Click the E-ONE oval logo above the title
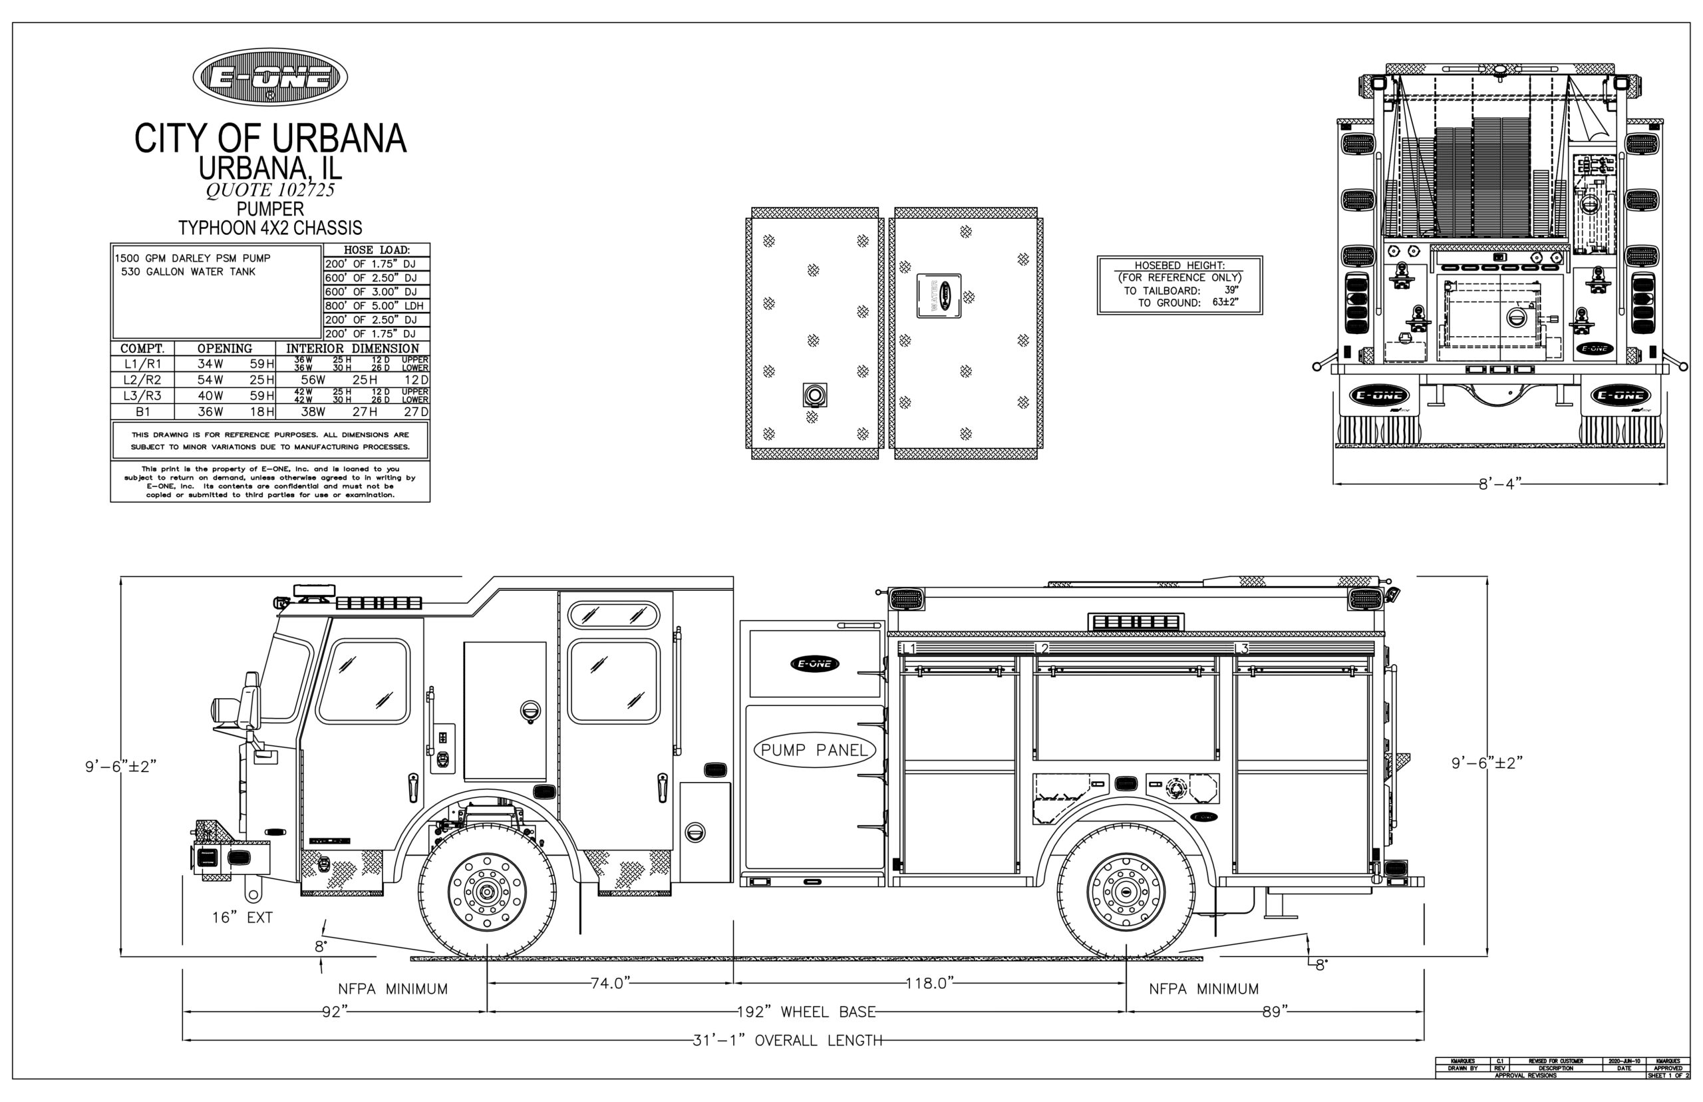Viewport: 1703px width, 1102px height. pos(269,78)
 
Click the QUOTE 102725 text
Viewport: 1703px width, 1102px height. pos(269,190)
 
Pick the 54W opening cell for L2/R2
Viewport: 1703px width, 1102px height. pos(210,380)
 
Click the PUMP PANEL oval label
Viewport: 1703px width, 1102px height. pos(814,750)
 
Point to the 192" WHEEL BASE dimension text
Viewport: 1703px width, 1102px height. pos(806,1012)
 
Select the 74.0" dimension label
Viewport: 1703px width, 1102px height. pos(608,983)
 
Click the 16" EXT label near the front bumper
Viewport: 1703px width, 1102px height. pos(241,918)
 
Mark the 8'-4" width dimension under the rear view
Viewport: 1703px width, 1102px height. pos(1497,484)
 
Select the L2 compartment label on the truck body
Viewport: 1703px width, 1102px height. pos(1042,648)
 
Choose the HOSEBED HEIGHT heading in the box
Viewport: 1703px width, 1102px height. pos(1179,266)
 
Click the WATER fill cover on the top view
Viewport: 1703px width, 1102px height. pos(939,295)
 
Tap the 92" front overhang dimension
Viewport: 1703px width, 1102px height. pos(334,1012)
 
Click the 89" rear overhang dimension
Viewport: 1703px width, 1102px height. pos(1274,1012)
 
